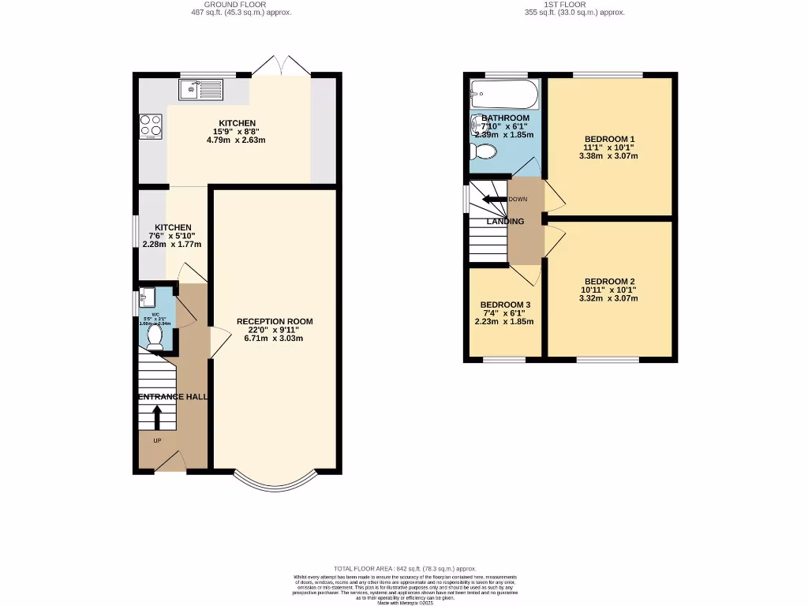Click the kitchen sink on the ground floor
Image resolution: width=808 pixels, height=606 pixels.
point(200,90)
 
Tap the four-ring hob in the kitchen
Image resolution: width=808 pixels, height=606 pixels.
point(151,125)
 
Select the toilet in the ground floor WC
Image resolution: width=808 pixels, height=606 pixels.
point(155,337)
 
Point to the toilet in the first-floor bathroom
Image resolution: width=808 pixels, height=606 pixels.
point(483,151)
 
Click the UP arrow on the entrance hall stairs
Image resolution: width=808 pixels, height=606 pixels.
point(157,415)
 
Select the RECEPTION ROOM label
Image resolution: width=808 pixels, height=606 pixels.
point(275,321)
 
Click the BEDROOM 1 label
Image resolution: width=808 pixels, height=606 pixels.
point(608,139)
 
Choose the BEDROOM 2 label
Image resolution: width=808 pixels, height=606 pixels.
point(609,282)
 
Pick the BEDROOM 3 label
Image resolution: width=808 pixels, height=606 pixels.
point(505,305)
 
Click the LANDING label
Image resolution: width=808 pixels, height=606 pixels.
point(505,222)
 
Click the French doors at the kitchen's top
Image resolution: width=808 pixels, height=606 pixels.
point(282,66)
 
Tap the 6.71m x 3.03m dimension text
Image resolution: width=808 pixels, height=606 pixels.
point(275,339)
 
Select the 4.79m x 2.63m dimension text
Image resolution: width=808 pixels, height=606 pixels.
point(237,140)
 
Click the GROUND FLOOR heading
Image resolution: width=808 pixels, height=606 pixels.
point(236,4)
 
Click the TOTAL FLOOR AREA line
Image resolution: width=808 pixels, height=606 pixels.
point(405,568)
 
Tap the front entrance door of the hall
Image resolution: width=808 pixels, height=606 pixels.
point(170,465)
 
